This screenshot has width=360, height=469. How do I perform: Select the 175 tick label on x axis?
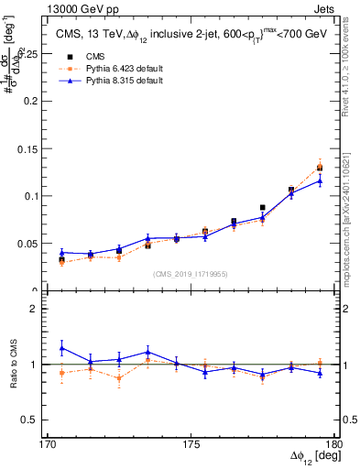191,444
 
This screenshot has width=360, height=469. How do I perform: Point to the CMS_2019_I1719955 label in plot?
190,274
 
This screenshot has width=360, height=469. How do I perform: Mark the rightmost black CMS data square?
320,168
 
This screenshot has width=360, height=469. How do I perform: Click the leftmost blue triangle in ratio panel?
61,348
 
